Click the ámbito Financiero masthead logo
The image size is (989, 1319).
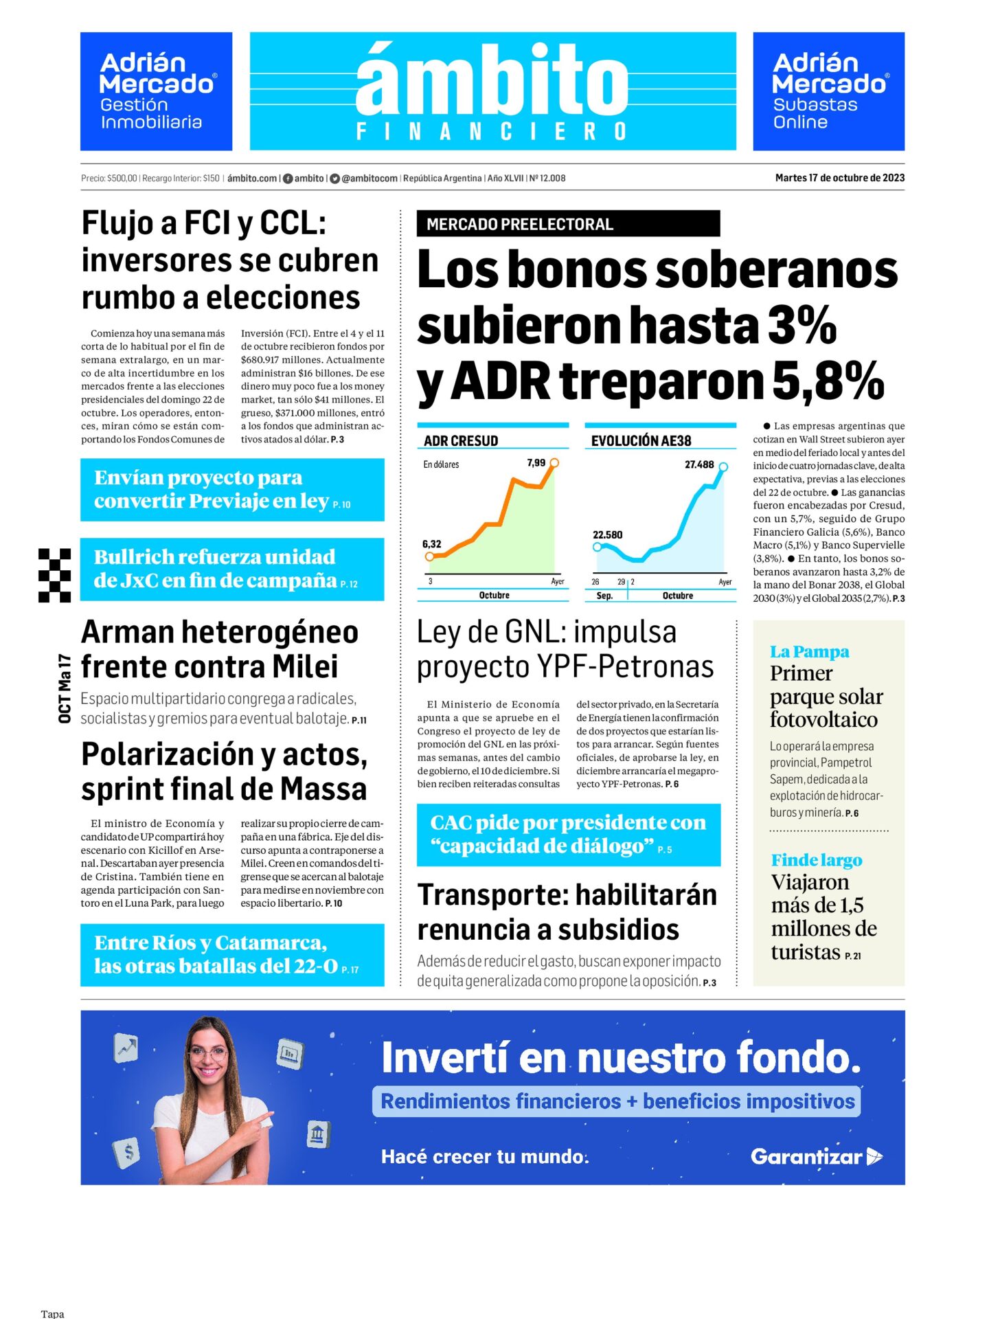492,91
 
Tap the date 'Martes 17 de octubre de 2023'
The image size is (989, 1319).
839,178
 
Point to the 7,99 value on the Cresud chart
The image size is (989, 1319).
536,463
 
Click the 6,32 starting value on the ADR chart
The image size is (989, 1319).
431,544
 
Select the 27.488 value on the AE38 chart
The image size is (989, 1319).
698,465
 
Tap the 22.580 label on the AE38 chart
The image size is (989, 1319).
607,535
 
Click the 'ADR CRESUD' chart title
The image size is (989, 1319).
461,441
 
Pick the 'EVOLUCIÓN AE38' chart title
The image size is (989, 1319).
641,441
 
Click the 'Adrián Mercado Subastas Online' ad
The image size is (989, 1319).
828,91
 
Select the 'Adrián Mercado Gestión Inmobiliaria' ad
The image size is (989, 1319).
156,91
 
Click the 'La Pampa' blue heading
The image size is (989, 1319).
809,651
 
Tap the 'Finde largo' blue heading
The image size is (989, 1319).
816,860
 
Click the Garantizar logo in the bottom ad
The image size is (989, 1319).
816,1157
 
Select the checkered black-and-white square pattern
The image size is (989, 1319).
54,575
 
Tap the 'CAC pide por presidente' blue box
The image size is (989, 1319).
568,835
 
